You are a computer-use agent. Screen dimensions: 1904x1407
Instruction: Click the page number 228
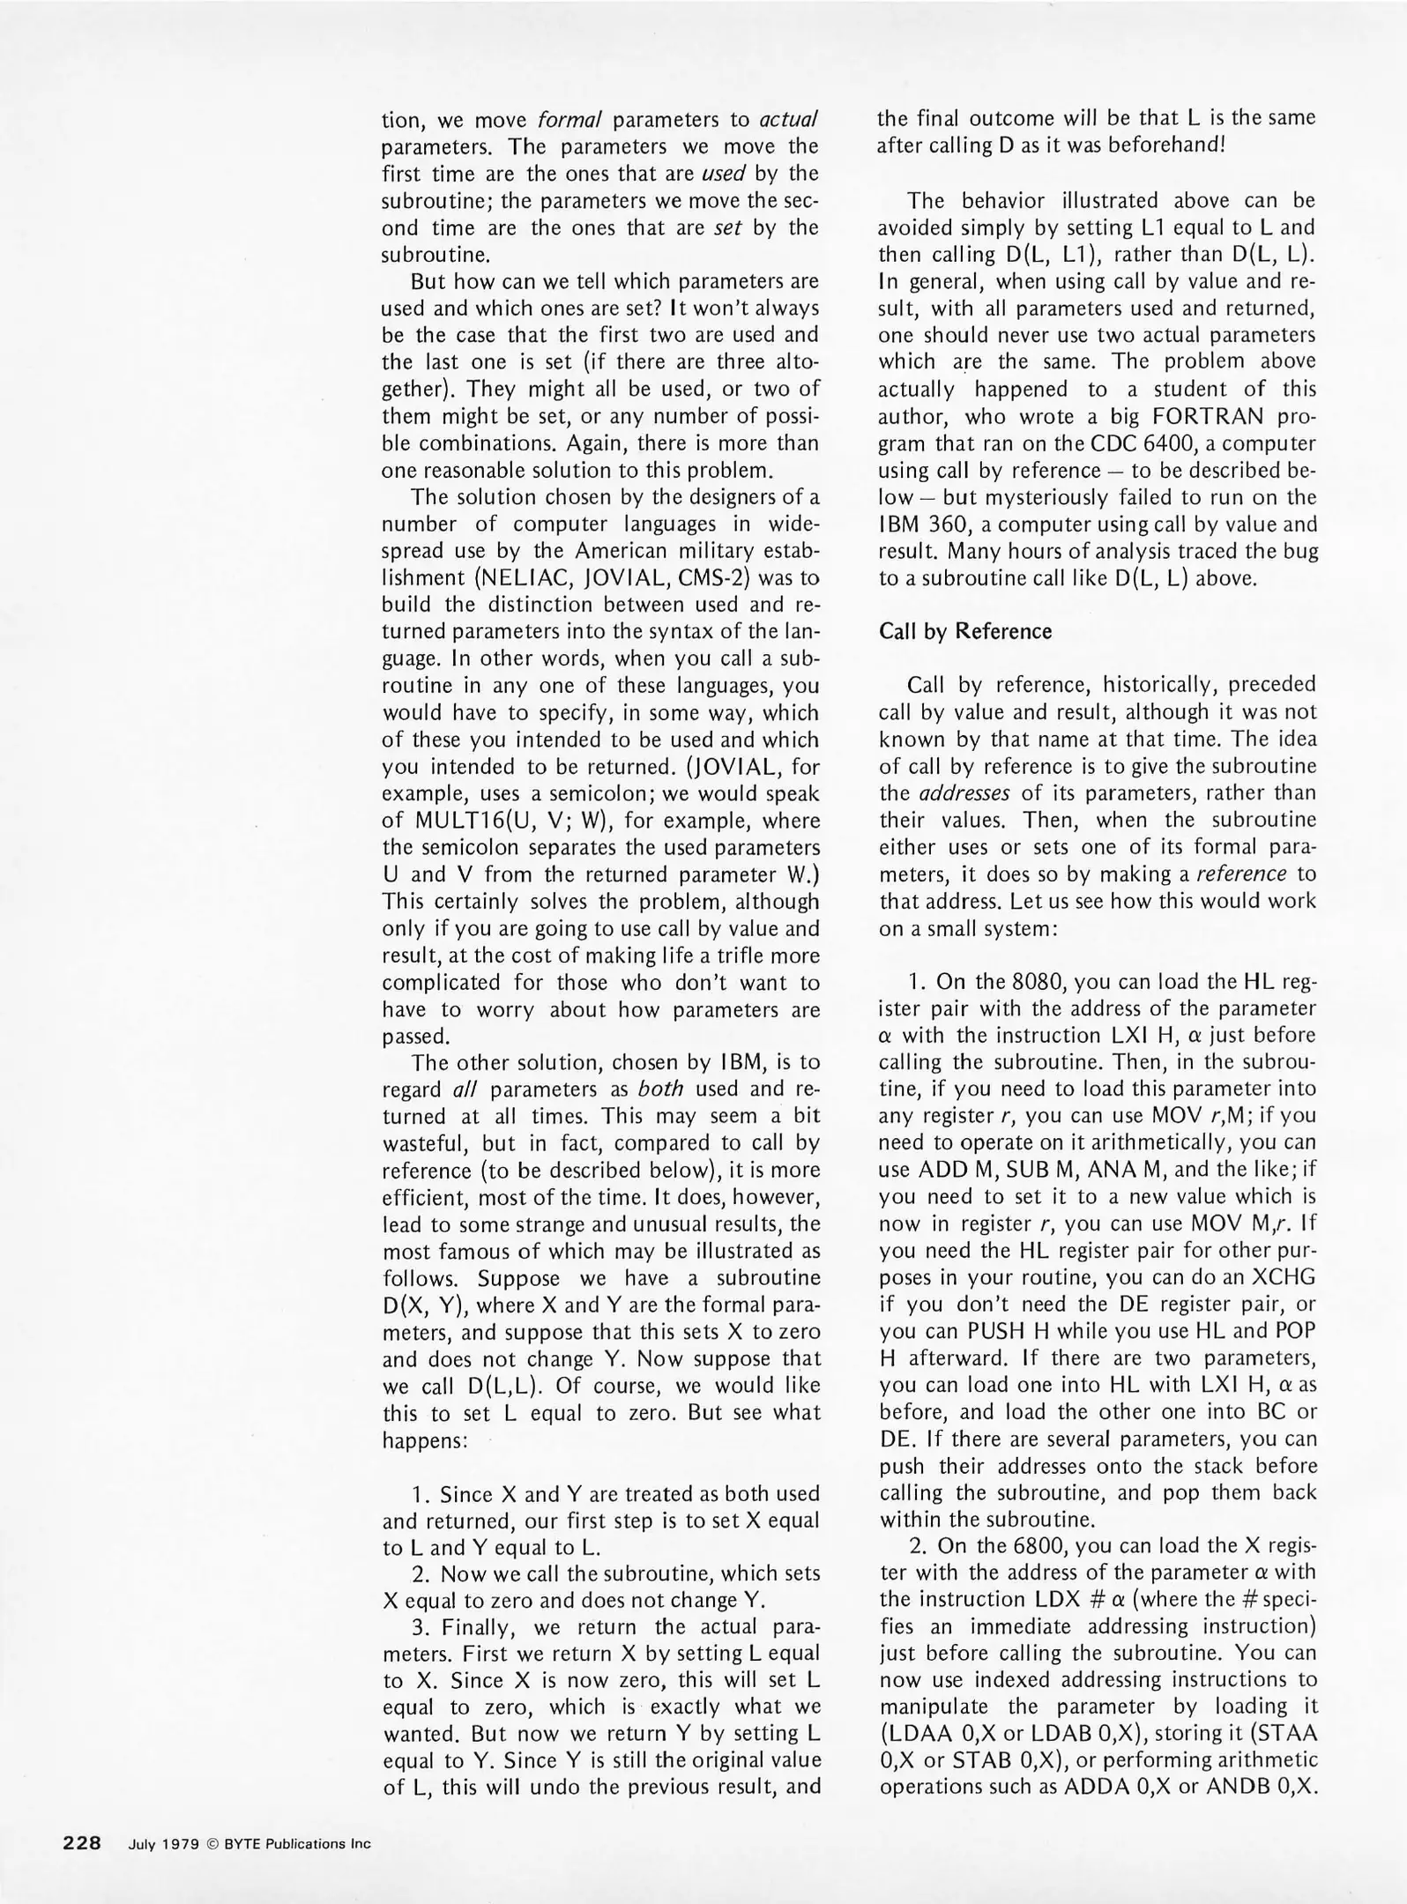(x=83, y=1843)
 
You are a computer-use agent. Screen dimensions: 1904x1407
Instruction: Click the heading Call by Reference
(x=965, y=631)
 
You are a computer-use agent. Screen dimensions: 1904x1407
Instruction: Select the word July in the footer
(x=143, y=1844)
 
